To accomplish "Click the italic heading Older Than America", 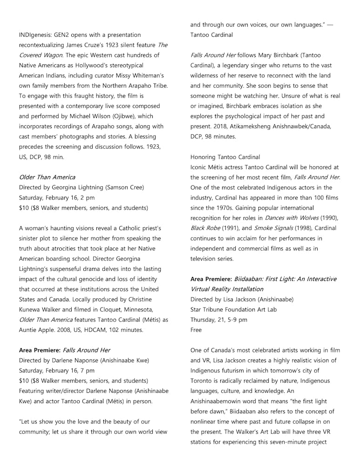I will (x=47, y=177).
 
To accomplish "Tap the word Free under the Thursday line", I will (x=196, y=330).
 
